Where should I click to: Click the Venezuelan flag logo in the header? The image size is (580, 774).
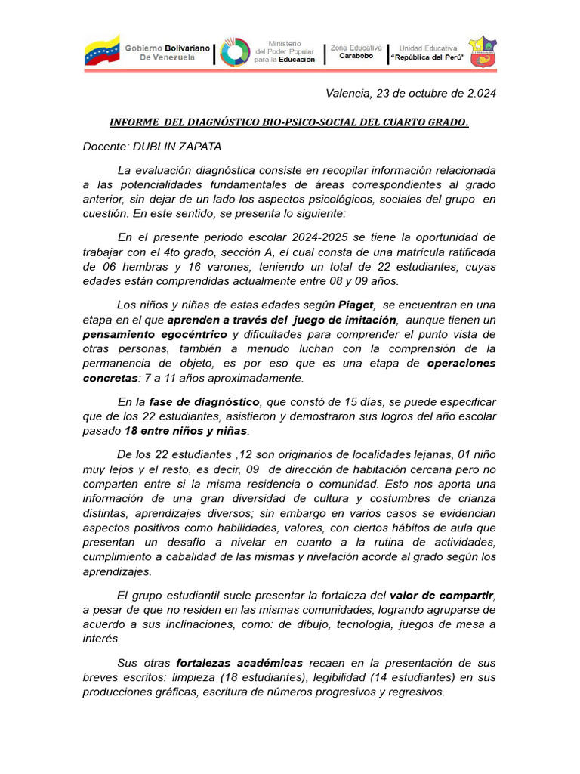click(101, 51)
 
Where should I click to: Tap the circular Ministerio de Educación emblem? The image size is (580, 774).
click(235, 52)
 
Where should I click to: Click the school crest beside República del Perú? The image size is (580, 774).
click(483, 51)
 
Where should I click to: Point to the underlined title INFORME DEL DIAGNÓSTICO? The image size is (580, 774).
click(289, 122)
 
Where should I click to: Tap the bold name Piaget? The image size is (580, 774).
click(356, 305)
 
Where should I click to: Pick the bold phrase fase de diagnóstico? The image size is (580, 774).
click(205, 401)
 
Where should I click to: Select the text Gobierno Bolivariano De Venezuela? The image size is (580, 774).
click(168, 52)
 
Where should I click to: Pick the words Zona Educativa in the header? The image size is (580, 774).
click(356, 47)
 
